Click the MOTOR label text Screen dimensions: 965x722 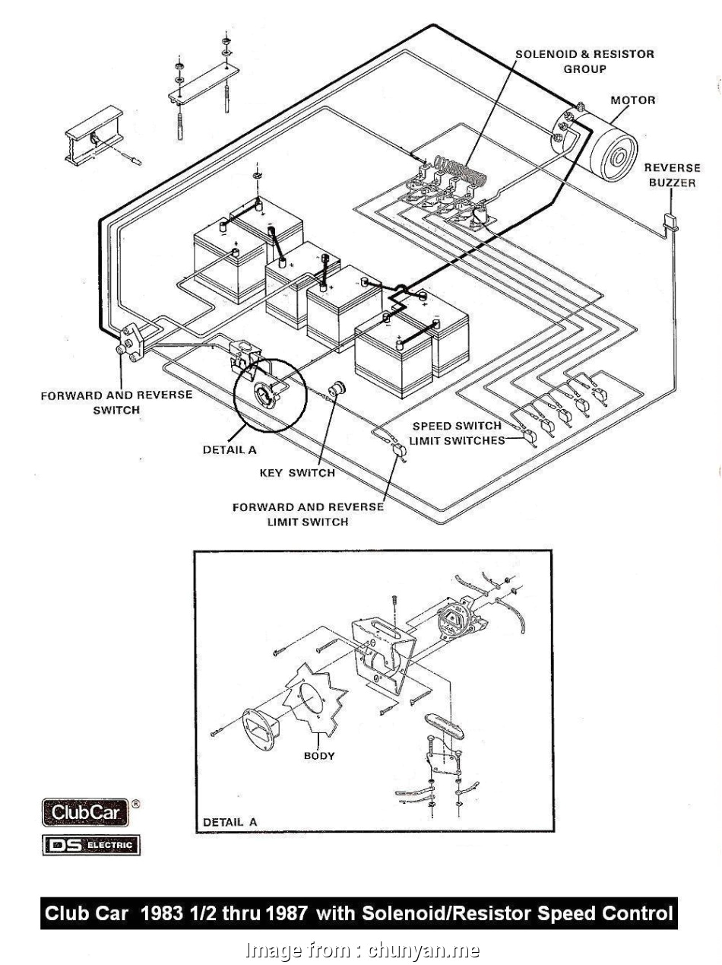(632, 100)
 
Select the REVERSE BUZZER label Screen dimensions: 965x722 (672, 176)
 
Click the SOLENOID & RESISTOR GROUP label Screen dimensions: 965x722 (584, 62)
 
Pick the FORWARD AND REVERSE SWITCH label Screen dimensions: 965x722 (116, 402)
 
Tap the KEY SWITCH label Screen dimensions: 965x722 (296, 473)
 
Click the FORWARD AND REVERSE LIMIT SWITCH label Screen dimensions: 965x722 (308, 514)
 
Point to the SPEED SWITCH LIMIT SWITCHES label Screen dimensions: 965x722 (457, 433)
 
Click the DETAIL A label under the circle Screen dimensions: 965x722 (230, 450)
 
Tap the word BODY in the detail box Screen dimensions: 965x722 (319, 756)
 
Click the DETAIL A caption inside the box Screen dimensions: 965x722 (230, 822)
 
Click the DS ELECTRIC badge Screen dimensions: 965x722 (91, 844)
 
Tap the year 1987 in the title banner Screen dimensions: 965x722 (287, 913)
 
